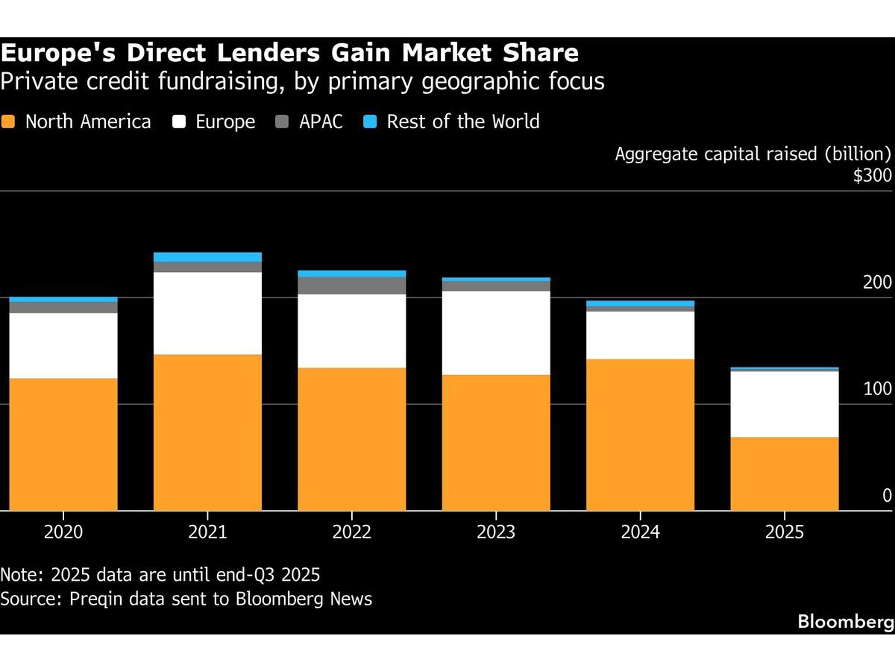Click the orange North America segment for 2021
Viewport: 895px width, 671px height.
point(207,432)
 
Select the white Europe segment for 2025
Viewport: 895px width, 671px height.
point(784,403)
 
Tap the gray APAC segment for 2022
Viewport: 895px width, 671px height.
point(351,285)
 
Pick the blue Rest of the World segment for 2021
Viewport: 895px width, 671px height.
point(207,256)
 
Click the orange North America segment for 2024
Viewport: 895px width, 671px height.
point(640,434)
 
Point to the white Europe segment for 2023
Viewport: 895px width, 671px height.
point(496,333)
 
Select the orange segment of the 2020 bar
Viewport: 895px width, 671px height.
point(63,444)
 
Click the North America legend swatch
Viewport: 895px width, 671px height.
point(9,122)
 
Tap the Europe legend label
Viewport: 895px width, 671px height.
point(225,122)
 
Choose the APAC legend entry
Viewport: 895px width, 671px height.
point(321,122)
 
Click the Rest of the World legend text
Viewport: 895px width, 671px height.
point(462,122)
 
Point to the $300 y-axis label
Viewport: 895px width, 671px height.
point(872,176)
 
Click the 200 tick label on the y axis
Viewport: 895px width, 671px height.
point(876,283)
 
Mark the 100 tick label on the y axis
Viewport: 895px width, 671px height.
point(876,389)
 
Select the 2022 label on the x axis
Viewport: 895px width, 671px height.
point(351,532)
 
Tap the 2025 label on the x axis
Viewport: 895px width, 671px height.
point(784,532)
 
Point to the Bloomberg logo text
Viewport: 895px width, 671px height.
point(846,621)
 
